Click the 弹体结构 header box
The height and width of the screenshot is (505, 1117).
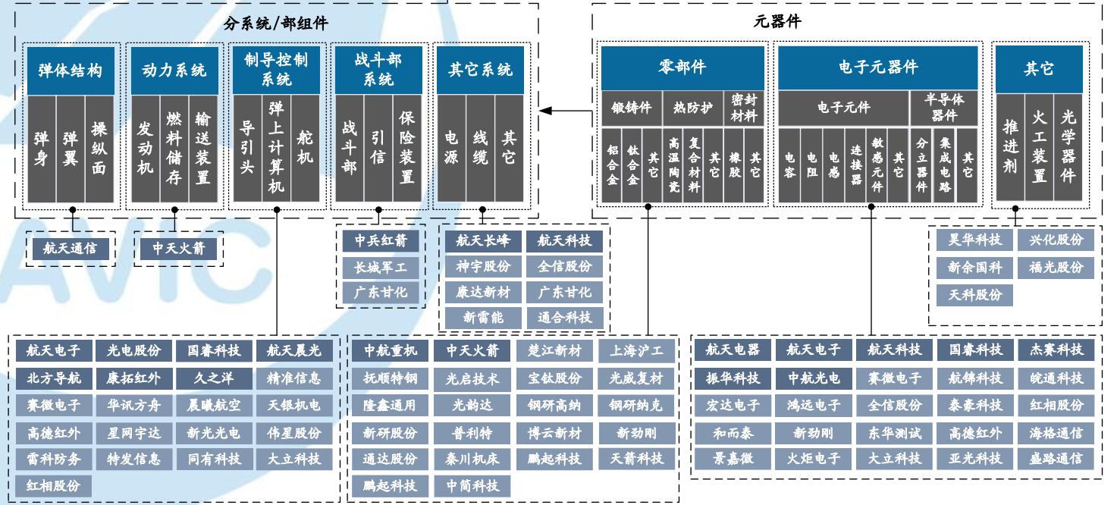pos(70,71)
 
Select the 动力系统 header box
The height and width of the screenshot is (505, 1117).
pos(174,71)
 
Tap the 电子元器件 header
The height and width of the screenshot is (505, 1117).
pos(878,67)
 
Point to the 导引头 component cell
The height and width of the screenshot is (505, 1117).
pos(246,149)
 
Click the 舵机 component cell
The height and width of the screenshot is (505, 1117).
pos(306,149)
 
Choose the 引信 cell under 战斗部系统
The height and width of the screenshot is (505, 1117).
pos(377,149)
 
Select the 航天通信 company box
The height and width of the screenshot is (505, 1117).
pos(70,248)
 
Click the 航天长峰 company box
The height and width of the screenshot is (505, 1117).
pos(483,241)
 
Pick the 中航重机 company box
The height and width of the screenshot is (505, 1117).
pos(390,350)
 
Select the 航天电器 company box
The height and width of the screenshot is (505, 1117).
pos(733,350)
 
